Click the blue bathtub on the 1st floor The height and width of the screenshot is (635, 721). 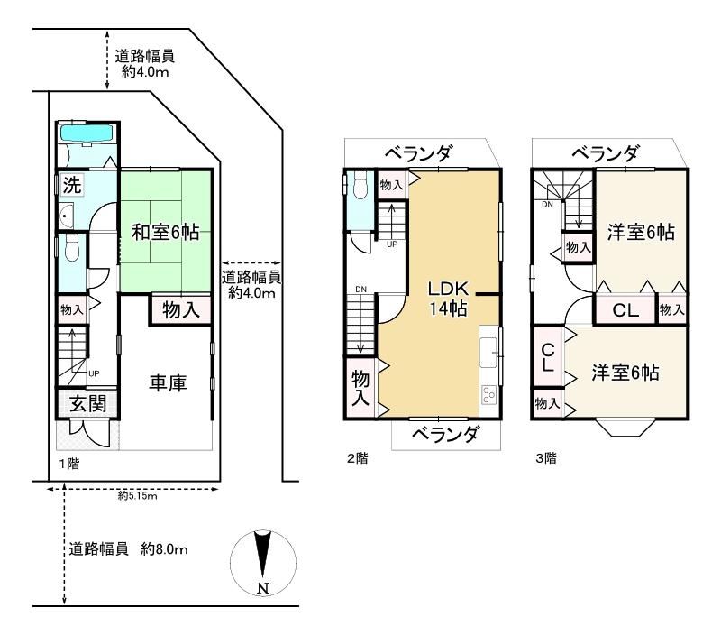[87, 133]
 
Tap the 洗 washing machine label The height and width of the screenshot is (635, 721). [72, 185]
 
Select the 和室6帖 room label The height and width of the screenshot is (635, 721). [166, 232]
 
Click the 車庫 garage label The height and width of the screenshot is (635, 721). [168, 382]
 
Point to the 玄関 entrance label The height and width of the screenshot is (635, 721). [87, 403]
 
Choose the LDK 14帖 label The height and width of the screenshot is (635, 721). [448, 299]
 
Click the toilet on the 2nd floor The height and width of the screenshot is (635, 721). [361, 185]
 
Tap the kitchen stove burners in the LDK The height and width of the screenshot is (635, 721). [488, 394]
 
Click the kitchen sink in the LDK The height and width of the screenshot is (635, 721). [488, 353]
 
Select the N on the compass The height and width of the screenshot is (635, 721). [263, 588]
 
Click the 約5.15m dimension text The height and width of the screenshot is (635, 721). [138, 495]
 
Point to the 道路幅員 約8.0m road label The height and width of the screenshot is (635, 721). [128, 549]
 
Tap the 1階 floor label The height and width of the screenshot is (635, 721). [69, 464]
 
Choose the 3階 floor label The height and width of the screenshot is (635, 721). [546, 458]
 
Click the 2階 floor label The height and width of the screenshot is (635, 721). [358, 458]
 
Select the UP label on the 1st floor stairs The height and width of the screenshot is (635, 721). [94, 373]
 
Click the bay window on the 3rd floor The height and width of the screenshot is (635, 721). [625, 428]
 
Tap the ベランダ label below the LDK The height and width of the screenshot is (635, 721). [445, 434]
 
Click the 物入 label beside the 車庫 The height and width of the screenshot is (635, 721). [181, 309]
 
